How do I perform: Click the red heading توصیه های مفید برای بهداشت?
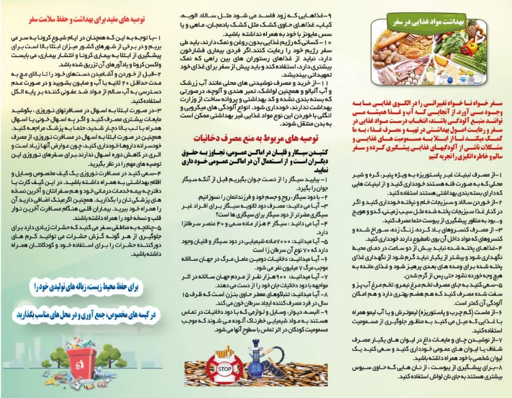click(x=87, y=20)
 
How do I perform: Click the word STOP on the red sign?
click(x=219, y=368)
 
